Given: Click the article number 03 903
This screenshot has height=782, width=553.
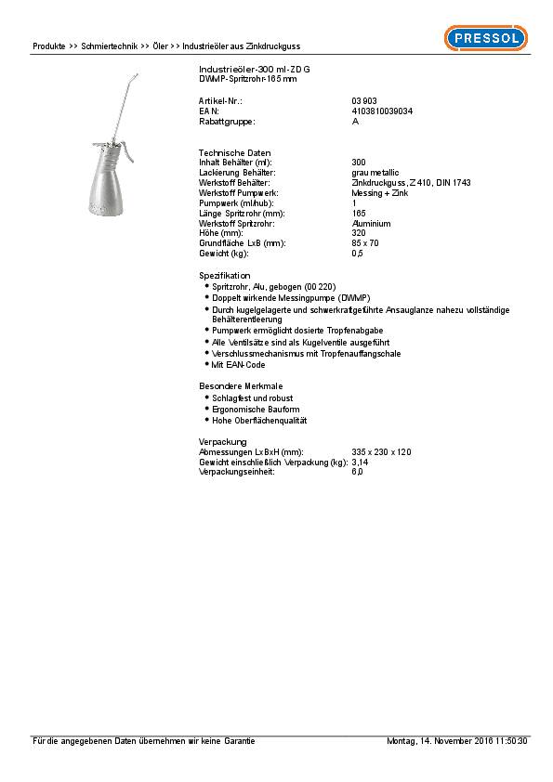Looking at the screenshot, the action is tap(364, 100).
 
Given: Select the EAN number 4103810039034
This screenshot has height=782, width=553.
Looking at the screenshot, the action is tap(383, 111).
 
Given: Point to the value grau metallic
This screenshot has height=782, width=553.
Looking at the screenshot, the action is tap(375, 173).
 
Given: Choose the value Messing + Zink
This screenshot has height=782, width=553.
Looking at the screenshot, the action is tap(379, 193).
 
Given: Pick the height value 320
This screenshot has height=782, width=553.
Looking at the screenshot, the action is tap(358, 233).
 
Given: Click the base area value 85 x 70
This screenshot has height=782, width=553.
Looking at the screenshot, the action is tap(365, 243).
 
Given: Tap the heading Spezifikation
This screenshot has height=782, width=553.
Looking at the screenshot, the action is tap(225, 276).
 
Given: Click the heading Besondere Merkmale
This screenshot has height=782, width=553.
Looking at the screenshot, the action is tap(241, 385).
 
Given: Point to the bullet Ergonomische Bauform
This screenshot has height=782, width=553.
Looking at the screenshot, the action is tap(256, 410).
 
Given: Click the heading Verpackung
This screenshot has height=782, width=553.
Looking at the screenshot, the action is tap(223, 441).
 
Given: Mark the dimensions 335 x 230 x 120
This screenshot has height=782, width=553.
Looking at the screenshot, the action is tap(381, 451).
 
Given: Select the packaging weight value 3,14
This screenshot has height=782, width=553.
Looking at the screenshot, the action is tap(360, 462).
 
